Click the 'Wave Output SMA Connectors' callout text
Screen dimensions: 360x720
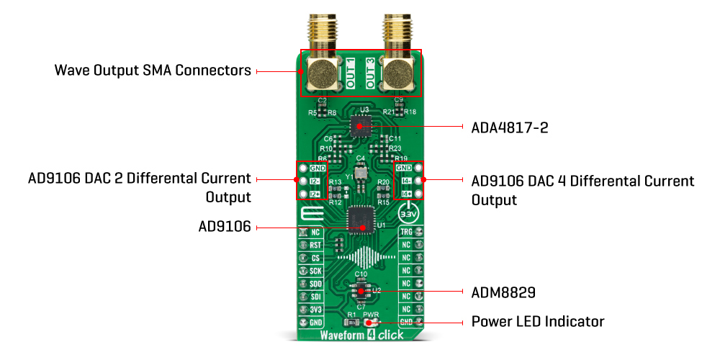[x=153, y=71]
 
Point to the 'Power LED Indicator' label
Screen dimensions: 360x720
[x=537, y=321]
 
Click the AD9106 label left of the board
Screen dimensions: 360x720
[x=224, y=228]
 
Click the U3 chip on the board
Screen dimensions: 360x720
[x=360, y=127]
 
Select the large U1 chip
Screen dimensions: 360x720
[x=360, y=220]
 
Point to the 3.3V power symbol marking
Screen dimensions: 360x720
[x=408, y=215]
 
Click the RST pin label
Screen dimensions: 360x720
[x=315, y=246]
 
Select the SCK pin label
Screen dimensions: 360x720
[x=315, y=271]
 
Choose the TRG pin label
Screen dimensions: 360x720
[x=405, y=233]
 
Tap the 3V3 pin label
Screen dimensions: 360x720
[x=315, y=309]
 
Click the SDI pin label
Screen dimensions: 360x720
[x=315, y=296]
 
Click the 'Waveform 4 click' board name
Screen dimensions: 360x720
[x=360, y=336]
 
